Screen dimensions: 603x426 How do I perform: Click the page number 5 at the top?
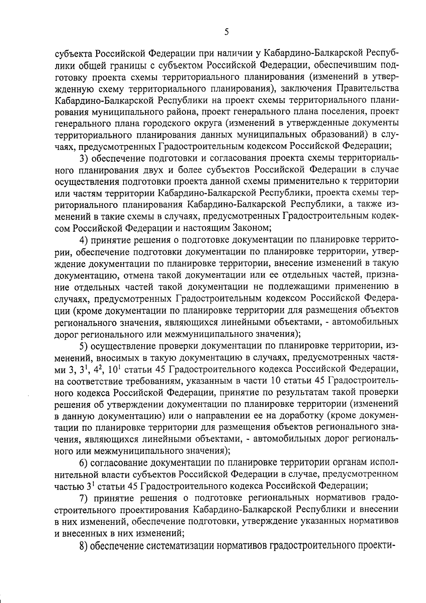point(226,32)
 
